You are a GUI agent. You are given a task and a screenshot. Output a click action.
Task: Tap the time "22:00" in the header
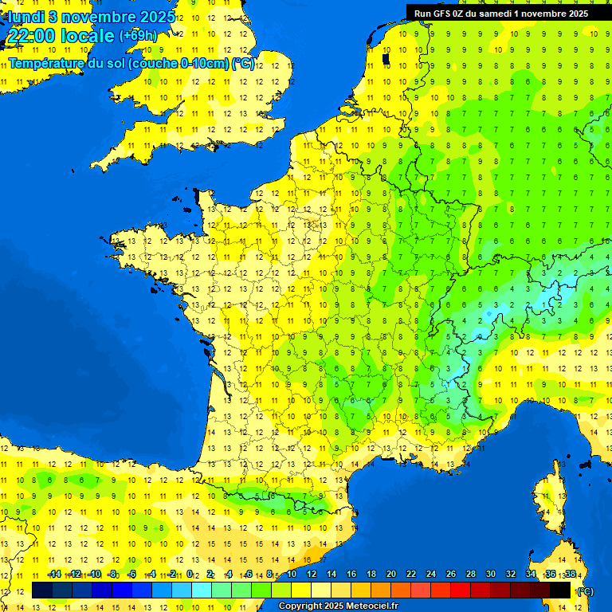pos(29,36)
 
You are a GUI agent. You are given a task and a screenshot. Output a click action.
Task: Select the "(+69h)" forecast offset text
pos(138,36)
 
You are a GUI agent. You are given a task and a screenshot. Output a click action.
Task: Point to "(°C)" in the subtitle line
pos(243,64)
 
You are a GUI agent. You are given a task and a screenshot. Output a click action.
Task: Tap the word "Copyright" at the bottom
pos(302,606)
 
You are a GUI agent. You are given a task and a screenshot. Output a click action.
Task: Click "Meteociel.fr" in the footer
pos(373,606)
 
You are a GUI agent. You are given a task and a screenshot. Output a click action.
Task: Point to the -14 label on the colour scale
pos(55,575)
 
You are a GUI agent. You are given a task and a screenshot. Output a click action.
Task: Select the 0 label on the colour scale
pos(190,575)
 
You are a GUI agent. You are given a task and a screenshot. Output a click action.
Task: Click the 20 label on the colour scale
pos(391,575)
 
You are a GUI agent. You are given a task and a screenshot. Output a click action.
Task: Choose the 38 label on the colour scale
pos(570,575)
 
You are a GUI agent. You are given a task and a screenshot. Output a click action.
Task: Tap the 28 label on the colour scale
pos(471,575)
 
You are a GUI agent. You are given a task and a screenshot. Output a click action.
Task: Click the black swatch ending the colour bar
pos(560,590)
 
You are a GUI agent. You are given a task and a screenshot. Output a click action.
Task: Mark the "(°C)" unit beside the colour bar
pos(584,591)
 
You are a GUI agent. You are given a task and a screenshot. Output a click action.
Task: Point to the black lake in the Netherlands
pos(386,58)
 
